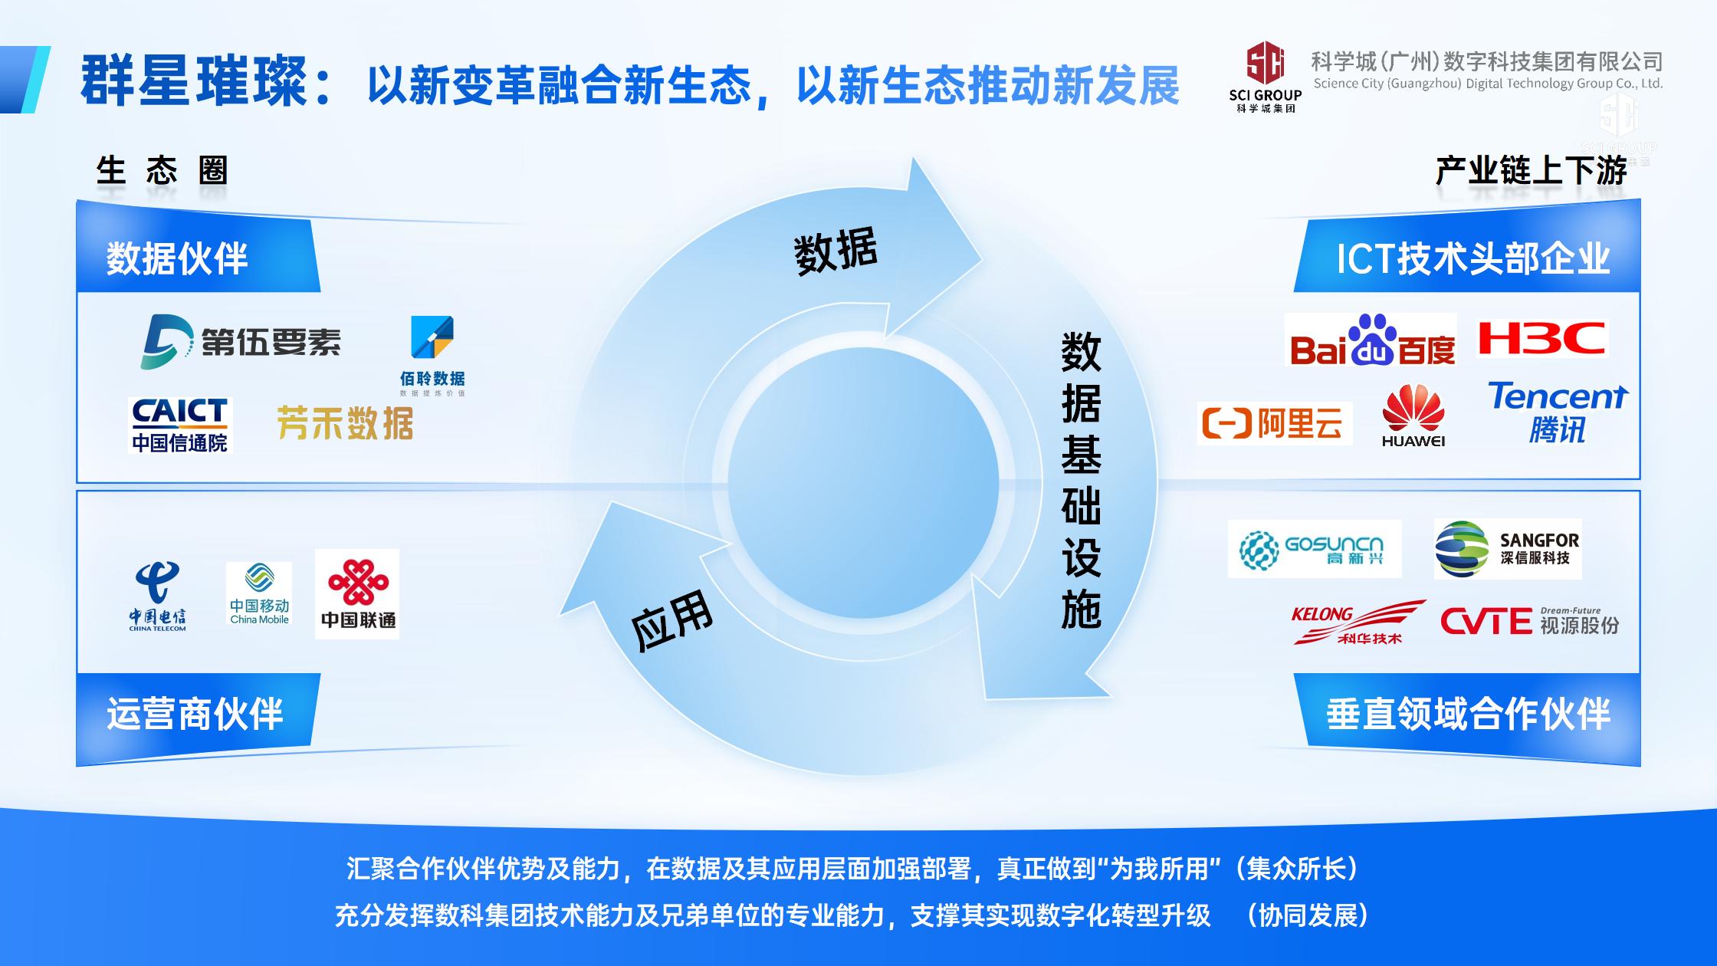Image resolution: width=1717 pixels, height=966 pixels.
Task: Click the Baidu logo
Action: coord(1371,340)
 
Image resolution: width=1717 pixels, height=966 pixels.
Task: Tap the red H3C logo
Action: coord(1541,338)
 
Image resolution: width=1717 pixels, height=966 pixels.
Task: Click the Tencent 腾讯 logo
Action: coord(1558,412)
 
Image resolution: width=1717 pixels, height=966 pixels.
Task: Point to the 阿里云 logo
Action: coord(1275,423)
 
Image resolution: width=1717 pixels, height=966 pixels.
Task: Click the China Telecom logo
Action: coord(157,596)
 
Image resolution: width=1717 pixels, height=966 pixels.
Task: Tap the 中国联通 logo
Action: coord(357,594)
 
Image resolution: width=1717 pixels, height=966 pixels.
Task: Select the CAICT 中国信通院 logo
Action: coord(180,425)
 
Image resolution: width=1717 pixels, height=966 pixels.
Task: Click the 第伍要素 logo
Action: coord(241,341)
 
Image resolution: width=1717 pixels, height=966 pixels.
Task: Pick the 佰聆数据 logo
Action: coord(432,356)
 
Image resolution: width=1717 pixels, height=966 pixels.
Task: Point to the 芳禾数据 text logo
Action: coord(345,423)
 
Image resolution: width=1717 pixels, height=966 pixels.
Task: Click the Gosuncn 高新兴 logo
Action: coord(1315,549)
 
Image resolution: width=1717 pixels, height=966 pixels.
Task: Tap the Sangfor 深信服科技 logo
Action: coord(1508,549)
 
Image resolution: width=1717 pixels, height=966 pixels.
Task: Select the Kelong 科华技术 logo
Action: coord(1358,622)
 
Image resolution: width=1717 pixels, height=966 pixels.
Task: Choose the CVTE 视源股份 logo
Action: coord(1530,622)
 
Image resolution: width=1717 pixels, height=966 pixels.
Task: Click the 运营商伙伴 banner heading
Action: coord(195,714)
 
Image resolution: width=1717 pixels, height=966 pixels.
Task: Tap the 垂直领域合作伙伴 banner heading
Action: coord(1468,714)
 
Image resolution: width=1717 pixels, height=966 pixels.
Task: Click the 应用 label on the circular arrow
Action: coord(671,619)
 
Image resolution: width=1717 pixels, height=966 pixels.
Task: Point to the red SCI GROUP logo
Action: coord(1265,77)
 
